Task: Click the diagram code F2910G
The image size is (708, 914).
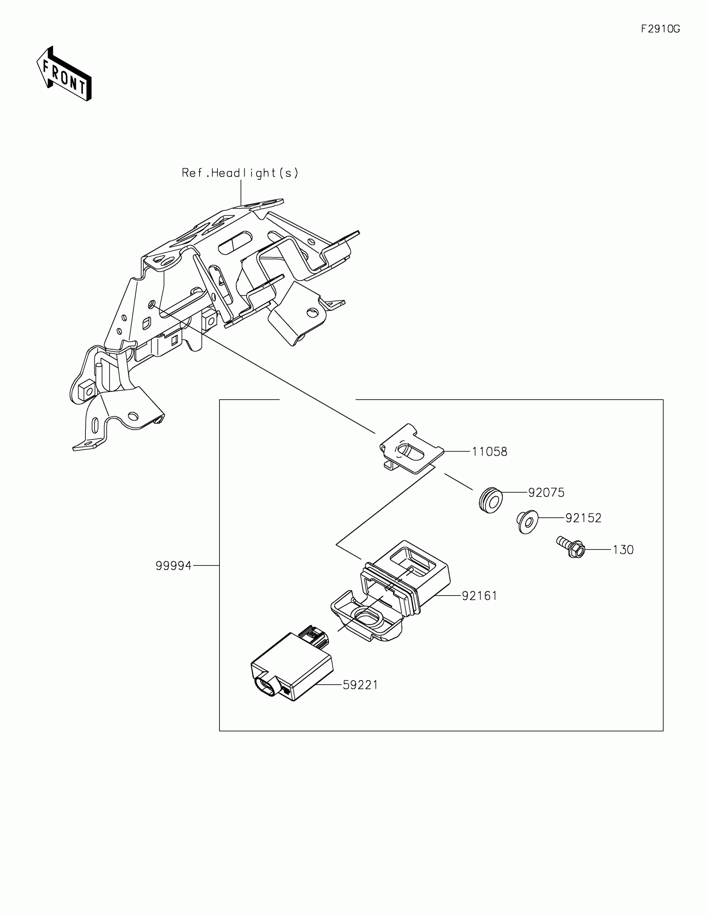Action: (x=660, y=29)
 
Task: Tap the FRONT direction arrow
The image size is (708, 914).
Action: (x=64, y=75)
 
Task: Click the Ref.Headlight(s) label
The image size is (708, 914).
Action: (x=240, y=173)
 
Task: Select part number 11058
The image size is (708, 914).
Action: (x=489, y=452)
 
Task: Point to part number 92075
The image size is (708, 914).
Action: (x=546, y=492)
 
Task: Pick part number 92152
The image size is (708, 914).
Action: (x=583, y=518)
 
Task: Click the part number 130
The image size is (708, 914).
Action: (x=623, y=550)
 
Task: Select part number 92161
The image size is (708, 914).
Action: (x=479, y=596)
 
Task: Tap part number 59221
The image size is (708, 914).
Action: (x=360, y=685)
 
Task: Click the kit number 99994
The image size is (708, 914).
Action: (x=173, y=566)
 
